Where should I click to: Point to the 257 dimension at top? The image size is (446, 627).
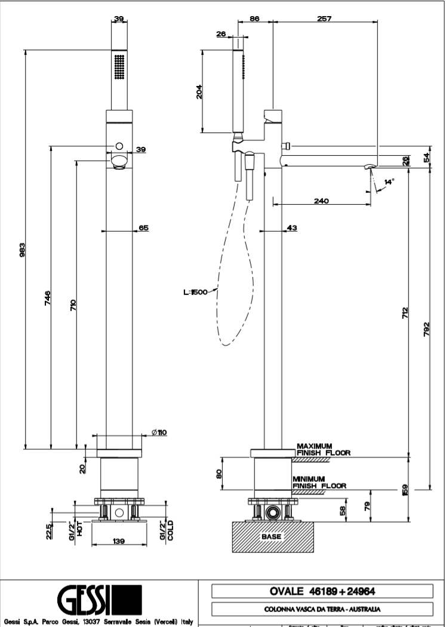(x=324, y=19)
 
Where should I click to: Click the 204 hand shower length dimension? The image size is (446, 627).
(x=200, y=91)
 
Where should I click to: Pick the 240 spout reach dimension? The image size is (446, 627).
(x=321, y=201)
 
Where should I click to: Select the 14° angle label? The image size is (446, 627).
(x=389, y=182)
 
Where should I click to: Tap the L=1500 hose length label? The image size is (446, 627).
(x=195, y=292)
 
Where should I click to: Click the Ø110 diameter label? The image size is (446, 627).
(x=159, y=433)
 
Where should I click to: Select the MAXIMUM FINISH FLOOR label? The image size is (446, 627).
(x=323, y=450)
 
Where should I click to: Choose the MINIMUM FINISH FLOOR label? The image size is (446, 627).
(x=319, y=482)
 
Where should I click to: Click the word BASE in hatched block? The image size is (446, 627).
(x=271, y=536)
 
